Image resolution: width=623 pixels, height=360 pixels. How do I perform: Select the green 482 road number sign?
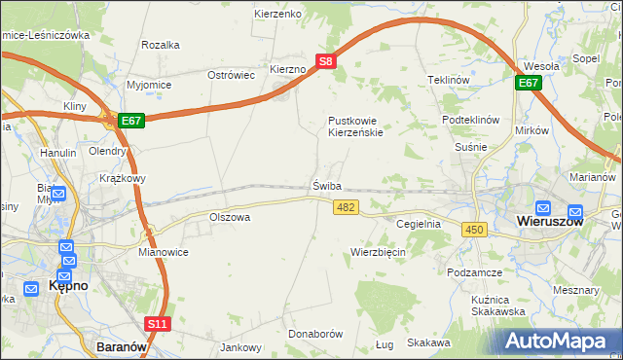(x=346, y=207)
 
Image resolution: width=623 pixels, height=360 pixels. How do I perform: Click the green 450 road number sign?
(x=474, y=229)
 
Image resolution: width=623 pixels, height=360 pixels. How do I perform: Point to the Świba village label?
(x=327, y=185)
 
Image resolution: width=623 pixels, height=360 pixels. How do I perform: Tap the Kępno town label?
(x=68, y=287)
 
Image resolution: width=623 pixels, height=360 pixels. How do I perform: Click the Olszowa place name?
(x=230, y=217)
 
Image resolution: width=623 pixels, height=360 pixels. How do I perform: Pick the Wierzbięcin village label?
(x=378, y=252)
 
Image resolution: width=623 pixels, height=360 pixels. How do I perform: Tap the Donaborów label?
(x=317, y=334)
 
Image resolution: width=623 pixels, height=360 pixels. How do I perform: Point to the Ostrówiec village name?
(x=231, y=75)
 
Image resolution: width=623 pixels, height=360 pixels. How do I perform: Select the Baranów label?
(x=122, y=345)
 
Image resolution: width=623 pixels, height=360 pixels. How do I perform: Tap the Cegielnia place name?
(x=419, y=224)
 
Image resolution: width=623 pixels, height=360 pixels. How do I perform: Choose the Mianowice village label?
(x=163, y=251)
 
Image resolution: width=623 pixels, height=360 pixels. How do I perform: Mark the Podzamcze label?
(x=474, y=273)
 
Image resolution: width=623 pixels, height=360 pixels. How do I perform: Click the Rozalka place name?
(x=161, y=45)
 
